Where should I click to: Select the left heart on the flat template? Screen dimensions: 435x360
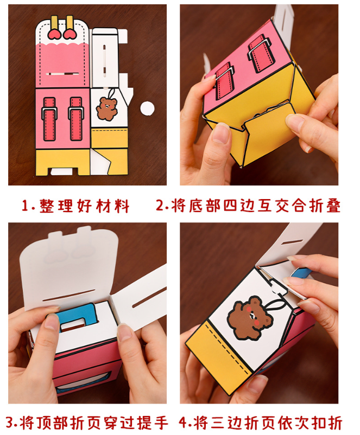pos(54,34)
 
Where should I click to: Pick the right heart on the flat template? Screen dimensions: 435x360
pos(70,34)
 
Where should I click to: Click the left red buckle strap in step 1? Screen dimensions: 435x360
pos(49,116)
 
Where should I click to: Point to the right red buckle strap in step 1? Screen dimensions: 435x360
pos(75,116)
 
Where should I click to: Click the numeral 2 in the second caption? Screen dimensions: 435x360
pos(160,206)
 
